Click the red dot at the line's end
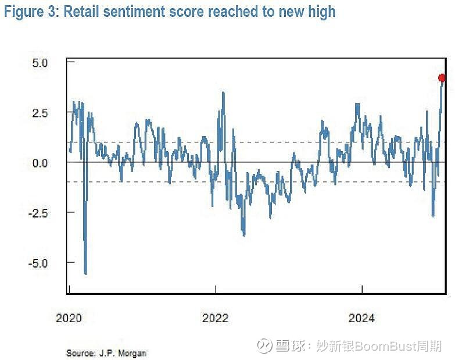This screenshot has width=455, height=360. tap(442, 78)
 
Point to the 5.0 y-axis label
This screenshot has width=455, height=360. tap(44, 62)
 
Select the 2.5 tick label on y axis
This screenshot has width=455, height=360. tap(44, 112)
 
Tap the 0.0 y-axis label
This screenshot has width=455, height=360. tap(44, 163)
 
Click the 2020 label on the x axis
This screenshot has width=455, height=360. tap(69, 318)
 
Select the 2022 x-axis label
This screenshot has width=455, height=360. tap(216, 318)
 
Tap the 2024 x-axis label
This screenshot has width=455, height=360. tap(362, 318)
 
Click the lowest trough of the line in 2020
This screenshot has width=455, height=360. tap(85, 273)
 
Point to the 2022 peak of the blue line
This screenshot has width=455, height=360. tap(223, 92)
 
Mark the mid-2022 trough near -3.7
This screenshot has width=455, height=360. tap(244, 235)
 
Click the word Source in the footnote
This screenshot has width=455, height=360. tap(79, 353)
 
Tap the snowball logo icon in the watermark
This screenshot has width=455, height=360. tap(264, 346)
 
